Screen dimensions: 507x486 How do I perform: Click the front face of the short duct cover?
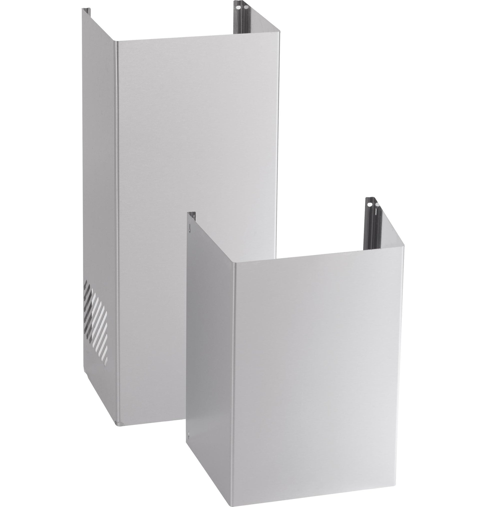point(318,362)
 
